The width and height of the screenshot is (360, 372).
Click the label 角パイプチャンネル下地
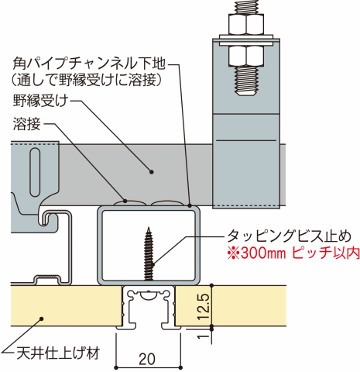(x=89, y=64)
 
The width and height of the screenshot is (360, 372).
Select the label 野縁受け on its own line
(x=40, y=101)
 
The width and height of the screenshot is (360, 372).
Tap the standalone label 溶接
(x=27, y=124)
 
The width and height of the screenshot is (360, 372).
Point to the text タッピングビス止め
(x=289, y=236)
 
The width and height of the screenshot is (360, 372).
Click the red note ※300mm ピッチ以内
(x=293, y=253)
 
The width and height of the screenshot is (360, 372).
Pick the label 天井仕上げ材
(x=58, y=353)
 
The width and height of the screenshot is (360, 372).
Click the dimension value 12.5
(x=204, y=307)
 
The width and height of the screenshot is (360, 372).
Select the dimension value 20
(x=147, y=359)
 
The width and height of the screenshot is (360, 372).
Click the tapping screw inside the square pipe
(x=149, y=253)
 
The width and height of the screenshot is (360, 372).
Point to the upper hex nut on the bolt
(x=246, y=24)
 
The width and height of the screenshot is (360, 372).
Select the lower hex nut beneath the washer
(x=246, y=56)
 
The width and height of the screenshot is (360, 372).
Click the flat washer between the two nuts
(x=246, y=40)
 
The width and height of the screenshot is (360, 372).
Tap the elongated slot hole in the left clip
(x=36, y=172)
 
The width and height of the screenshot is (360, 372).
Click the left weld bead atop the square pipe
(x=129, y=203)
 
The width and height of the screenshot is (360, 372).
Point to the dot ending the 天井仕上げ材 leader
(x=41, y=319)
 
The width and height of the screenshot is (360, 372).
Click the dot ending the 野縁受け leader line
(x=152, y=171)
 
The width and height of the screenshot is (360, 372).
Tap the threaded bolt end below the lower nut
(x=246, y=81)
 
